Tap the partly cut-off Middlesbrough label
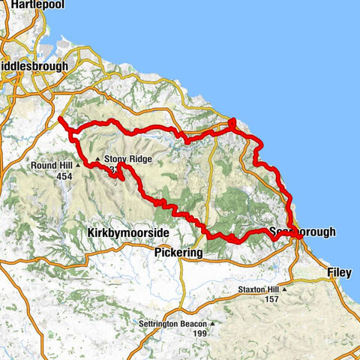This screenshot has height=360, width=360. pyautogui.click(x=34, y=66)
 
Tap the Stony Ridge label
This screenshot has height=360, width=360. pyautogui.click(x=128, y=159)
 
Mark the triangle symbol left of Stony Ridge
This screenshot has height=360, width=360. pyautogui.click(x=97, y=159)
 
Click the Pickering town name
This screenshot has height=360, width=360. pyautogui.click(x=178, y=253)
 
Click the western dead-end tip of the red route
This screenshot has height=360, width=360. pyautogui.click(x=59, y=118)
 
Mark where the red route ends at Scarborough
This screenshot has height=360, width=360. pyautogui.click(x=299, y=238)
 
